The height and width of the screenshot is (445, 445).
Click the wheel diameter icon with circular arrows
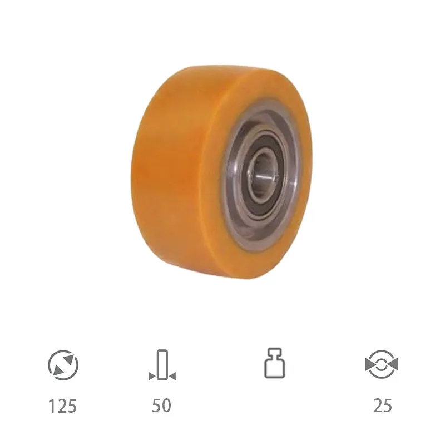click(63, 365)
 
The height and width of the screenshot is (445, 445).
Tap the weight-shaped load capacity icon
click(274, 364)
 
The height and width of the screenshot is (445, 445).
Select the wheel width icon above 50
click(162, 365)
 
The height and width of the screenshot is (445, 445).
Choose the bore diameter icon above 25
click(382, 365)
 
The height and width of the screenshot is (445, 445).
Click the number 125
click(62, 406)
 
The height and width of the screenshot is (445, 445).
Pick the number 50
click(161, 406)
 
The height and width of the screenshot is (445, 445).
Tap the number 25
click(382, 406)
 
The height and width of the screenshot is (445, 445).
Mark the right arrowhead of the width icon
click(172, 377)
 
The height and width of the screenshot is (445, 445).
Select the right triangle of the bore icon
click(394, 365)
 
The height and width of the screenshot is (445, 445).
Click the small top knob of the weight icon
click(274, 352)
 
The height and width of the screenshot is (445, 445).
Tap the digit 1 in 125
click(52, 406)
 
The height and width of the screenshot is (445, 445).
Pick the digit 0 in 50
click(166, 406)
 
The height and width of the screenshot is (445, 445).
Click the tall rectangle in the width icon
click(162, 364)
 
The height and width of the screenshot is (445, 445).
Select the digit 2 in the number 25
click(378, 406)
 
